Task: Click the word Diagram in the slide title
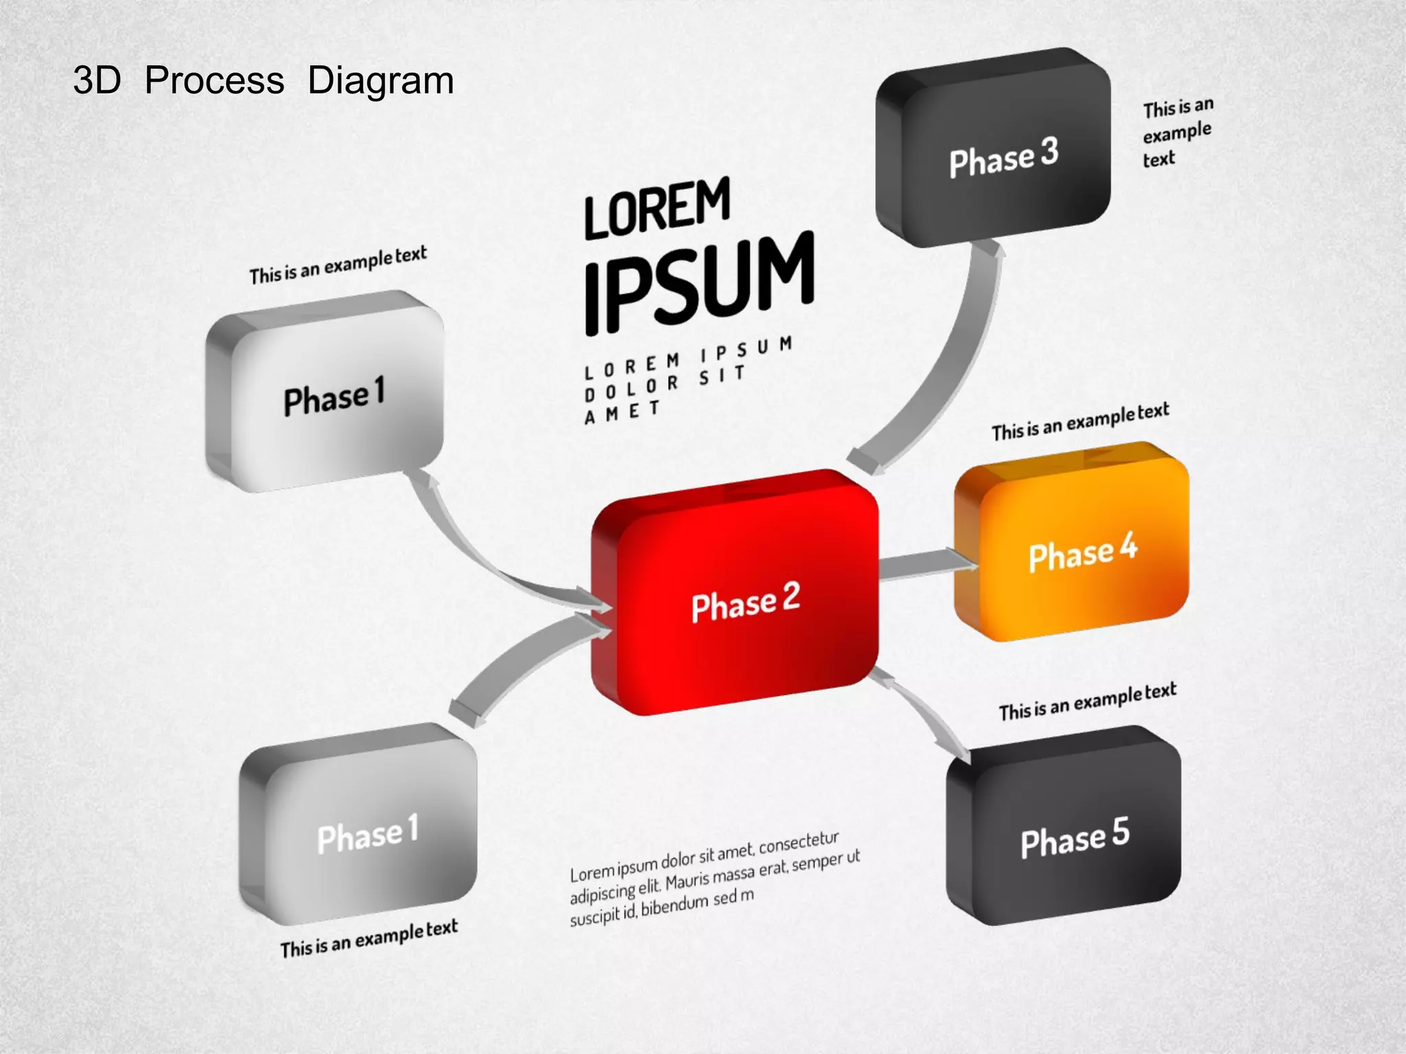380,81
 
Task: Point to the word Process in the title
214,81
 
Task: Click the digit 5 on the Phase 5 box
1120,832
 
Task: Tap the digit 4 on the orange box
1128,546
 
